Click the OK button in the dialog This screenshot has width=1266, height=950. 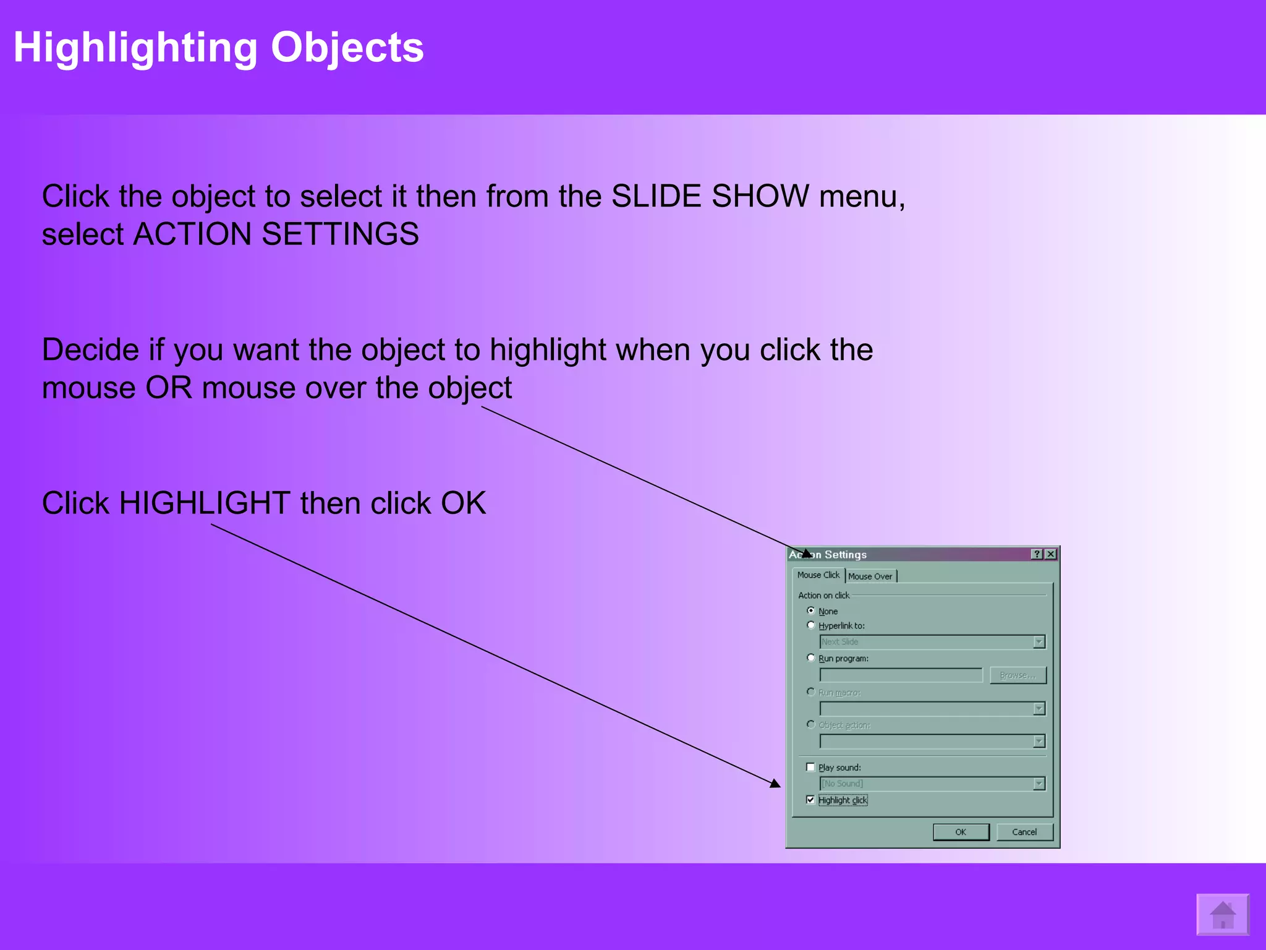click(960, 832)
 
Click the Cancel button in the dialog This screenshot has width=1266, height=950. click(1024, 832)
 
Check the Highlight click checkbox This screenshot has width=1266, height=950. click(810, 800)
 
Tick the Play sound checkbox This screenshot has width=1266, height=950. click(810, 768)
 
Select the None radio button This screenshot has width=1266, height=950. click(811, 611)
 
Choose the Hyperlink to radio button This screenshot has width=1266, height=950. click(811, 625)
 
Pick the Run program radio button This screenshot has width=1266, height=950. click(811, 658)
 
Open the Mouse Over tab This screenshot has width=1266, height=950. click(870, 576)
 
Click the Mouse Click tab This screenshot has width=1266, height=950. click(818, 575)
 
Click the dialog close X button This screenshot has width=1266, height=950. click(1050, 554)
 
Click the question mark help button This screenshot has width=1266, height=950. click(1037, 554)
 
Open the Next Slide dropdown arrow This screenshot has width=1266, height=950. click(1039, 642)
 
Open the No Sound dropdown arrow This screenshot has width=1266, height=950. click(1039, 784)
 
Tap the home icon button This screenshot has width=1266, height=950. click(1222, 915)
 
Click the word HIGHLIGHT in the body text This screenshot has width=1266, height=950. click(205, 503)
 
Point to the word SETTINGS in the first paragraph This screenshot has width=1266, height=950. click(340, 234)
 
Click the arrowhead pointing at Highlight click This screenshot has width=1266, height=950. click(775, 784)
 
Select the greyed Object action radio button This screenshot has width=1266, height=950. click(811, 724)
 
